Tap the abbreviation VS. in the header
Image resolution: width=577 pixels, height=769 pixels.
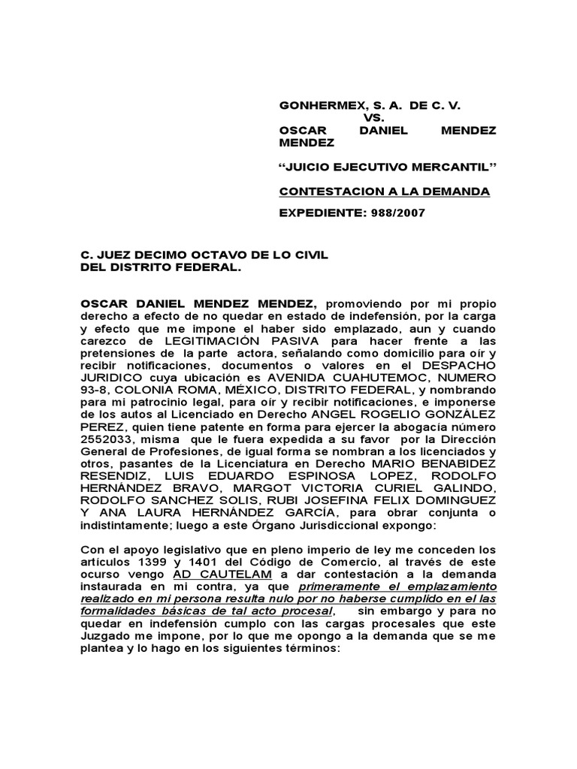(373, 118)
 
